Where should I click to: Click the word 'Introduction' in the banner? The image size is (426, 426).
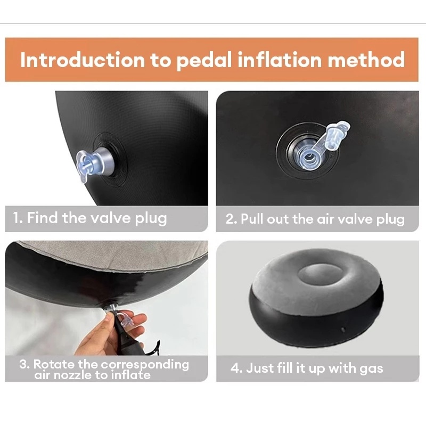(x=83, y=60)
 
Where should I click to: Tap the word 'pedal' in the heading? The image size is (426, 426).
(x=204, y=60)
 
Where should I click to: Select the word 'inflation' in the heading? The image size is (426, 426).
(x=280, y=60)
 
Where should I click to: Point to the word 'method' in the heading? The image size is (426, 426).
(x=366, y=60)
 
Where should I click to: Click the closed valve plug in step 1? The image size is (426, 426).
(x=92, y=165)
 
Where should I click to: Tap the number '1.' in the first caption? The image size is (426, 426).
(x=18, y=218)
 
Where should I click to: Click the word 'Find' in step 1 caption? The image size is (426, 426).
(x=43, y=218)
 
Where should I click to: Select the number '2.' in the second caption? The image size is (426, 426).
(x=232, y=219)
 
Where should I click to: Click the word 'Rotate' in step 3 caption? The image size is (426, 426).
(x=53, y=364)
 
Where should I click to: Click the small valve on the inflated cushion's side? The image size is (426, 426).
(x=343, y=330)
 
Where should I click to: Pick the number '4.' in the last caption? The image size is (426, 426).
(x=236, y=368)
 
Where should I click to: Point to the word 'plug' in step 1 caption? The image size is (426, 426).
(x=151, y=219)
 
